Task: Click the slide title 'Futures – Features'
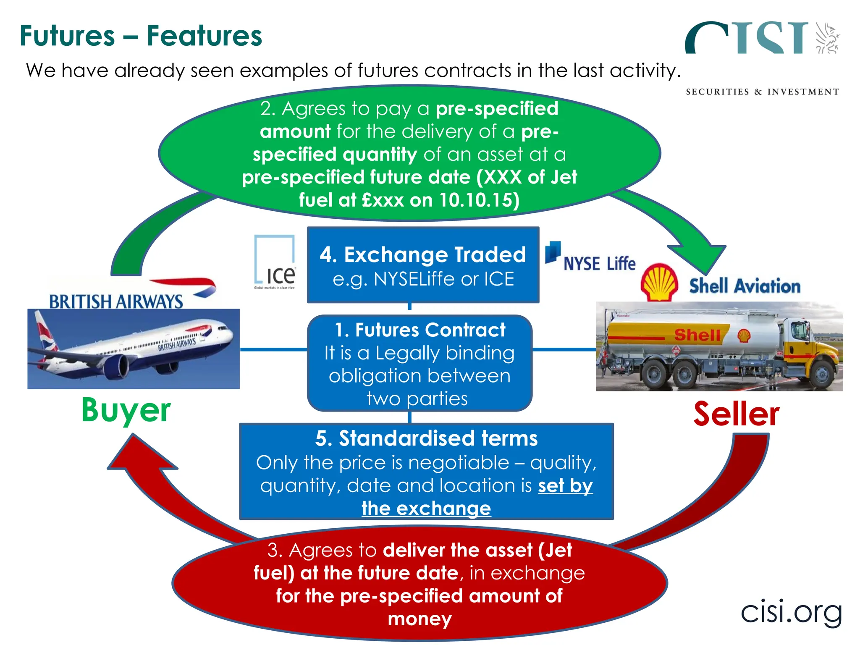(x=141, y=36)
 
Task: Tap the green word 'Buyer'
(x=126, y=410)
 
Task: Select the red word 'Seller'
(x=736, y=414)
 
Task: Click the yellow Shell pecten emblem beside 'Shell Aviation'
(x=659, y=283)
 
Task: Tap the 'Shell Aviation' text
(x=745, y=286)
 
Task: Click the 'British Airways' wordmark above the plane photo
(x=116, y=301)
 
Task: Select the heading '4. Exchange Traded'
(x=422, y=255)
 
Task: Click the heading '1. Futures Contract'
(x=420, y=330)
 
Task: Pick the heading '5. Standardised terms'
(x=426, y=438)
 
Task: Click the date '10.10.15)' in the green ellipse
(x=479, y=200)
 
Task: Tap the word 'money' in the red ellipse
(x=420, y=619)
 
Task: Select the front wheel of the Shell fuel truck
(x=821, y=375)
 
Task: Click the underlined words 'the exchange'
(x=426, y=509)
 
